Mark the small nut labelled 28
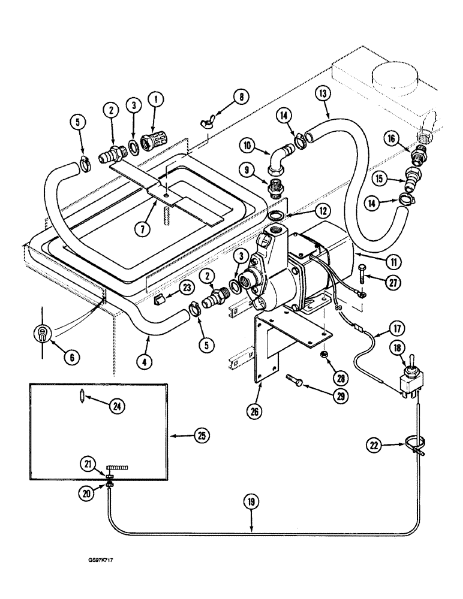[324, 354]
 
